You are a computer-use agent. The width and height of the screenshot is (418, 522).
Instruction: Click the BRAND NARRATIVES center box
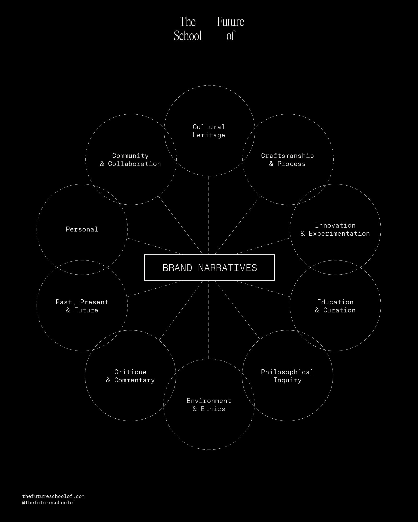(209, 268)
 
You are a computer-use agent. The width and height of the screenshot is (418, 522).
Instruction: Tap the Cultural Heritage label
(209, 131)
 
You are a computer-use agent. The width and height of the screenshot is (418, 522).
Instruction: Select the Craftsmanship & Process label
(287, 160)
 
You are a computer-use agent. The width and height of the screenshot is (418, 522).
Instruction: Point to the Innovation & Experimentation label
(335, 229)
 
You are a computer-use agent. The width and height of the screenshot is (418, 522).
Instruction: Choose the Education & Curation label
(335, 306)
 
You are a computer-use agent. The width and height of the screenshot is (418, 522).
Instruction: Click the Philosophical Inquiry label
(287, 376)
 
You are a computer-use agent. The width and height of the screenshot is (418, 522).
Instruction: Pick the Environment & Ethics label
(209, 405)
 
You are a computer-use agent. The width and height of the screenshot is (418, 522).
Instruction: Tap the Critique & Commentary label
(130, 376)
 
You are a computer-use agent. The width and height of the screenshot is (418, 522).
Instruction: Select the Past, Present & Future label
(82, 306)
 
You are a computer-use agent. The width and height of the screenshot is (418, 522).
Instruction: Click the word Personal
(82, 229)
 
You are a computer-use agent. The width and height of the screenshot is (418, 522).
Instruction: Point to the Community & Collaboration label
(130, 160)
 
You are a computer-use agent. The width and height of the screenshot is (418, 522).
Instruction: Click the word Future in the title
(230, 22)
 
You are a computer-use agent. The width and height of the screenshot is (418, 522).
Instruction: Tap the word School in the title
(188, 36)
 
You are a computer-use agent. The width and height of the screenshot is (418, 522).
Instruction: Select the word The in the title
(188, 22)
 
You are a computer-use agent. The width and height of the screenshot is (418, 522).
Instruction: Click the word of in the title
(231, 36)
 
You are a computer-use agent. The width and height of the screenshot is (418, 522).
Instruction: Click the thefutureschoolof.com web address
(54, 496)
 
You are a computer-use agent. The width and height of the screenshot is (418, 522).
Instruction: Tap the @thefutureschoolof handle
(49, 503)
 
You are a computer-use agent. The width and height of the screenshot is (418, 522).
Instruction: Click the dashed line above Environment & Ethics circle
(209, 320)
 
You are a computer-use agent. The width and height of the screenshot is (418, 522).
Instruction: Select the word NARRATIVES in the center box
(228, 268)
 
